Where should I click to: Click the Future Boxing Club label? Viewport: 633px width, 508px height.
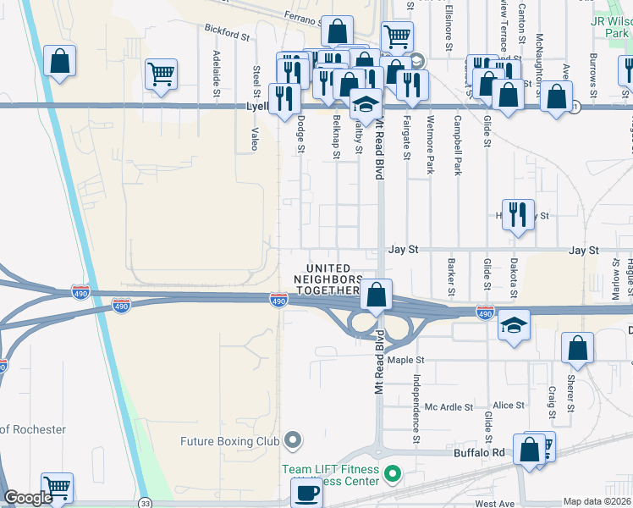tap(229, 440)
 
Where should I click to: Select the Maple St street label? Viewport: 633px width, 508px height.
tap(429, 360)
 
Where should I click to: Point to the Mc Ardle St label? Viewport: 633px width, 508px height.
tap(449, 407)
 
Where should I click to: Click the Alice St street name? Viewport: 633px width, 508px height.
tap(509, 406)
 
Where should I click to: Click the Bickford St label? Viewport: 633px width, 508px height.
tap(228, 32)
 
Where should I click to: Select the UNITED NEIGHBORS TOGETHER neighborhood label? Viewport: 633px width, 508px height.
tap(328, 279)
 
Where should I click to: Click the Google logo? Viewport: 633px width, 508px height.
tap(28, 498)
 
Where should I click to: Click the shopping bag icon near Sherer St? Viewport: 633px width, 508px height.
tap(577, 347)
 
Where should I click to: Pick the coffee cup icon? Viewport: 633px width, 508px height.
tap(306, 492)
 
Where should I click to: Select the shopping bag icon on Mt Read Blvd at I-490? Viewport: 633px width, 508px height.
tap(377, 294)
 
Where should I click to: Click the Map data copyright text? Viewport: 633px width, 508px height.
tap(597, 501)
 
